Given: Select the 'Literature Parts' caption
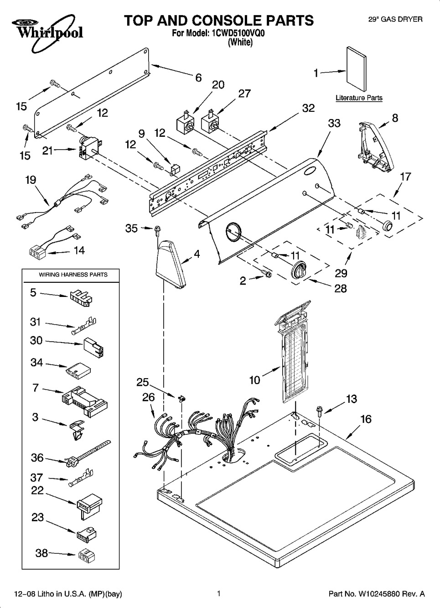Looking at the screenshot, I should point(359,98).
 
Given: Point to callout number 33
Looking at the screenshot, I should point(334,123).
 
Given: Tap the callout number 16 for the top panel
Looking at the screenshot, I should point(366,419).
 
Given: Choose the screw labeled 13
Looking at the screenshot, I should point(319,411).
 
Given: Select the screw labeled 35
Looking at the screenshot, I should point(158,229).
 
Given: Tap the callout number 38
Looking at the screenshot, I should point(41,553).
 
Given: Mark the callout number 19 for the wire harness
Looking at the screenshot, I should point(31,180).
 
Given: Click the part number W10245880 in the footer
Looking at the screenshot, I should point(377,594).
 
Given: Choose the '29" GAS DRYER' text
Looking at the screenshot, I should point(395,19).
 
